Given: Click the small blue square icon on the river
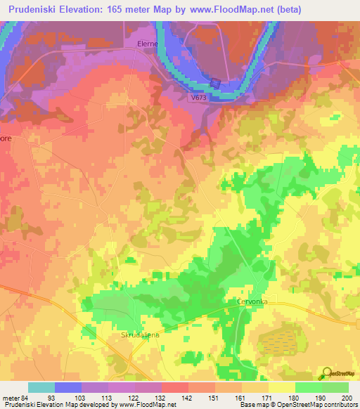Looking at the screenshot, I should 216,84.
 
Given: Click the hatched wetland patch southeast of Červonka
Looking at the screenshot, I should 278,341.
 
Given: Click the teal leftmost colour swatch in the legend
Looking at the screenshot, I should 41,387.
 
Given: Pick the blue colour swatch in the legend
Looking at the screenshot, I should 68,387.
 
